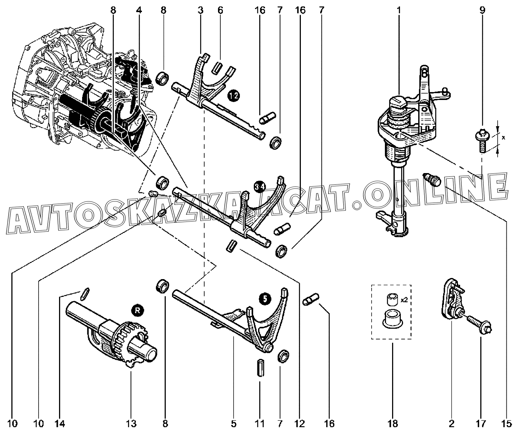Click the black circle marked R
coord(137,311)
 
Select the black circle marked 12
coord(234,96)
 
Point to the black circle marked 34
coord(260,187)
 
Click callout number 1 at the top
coord(399,10)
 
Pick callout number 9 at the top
coord(483,10)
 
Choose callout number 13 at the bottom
coord(131,423)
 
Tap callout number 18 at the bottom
coord(393,423)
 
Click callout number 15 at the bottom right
coord(506,423)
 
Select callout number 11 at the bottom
coord(260,423)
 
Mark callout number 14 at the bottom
coord(59,423)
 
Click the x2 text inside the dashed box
coord(404,300)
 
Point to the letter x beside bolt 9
coord(503,137)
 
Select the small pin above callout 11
coord(260,367)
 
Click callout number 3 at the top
coord(201,10)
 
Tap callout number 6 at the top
coord(220,10)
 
